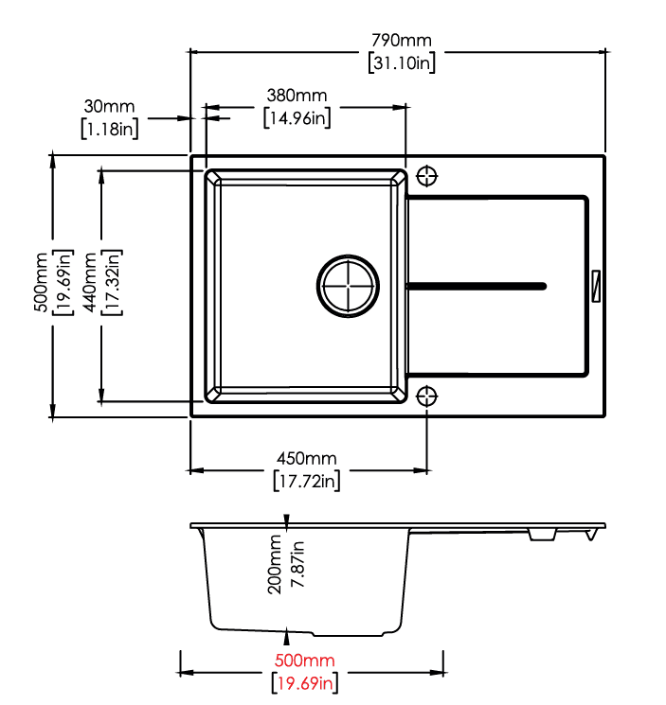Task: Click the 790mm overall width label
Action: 402,41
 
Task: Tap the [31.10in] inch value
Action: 402,63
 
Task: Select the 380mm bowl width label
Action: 297,96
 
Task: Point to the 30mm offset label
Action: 109,107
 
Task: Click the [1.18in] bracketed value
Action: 110,129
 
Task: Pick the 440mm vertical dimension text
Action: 90,282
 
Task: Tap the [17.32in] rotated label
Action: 112,282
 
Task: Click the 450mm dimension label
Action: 306,459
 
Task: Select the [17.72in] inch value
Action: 306,481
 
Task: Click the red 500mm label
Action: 305,661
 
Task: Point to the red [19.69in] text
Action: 305,683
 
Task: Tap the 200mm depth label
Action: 274,564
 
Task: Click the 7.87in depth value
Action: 297,564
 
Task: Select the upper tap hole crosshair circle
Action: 426,176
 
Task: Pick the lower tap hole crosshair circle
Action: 426,397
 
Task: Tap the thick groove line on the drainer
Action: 477,286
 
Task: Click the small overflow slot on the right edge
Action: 596,286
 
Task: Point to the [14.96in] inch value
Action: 297,117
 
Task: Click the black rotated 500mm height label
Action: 41,282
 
